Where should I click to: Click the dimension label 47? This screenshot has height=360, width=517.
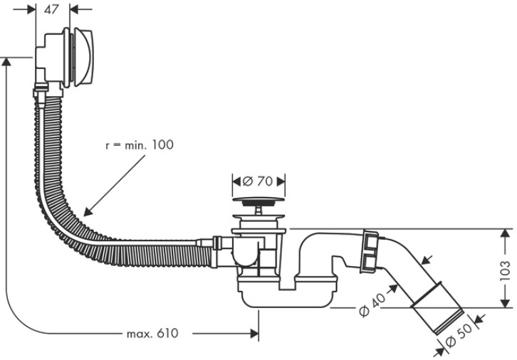(x=52, y=10)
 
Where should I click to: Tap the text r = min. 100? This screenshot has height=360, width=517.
(x=139, y=144)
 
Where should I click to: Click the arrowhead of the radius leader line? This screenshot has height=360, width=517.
(x=87, y=211)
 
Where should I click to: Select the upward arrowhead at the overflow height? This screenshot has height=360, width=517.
(x=7, y=63)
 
